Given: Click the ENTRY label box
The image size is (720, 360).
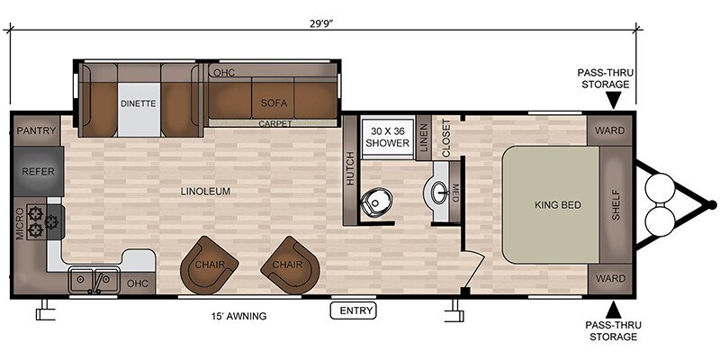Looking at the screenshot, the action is (x=353, y=310).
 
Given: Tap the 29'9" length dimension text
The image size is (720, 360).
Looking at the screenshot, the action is (x=321, y=24).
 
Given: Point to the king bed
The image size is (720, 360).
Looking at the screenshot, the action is (x=551, y=205).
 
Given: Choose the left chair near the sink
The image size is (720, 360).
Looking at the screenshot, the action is (x=209, y=265).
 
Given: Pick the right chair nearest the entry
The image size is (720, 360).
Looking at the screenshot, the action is (x=290, y=265).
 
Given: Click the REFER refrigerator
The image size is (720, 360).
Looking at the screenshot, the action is (x=38, y=171).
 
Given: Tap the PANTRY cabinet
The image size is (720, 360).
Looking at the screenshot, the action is (x=36, y=130).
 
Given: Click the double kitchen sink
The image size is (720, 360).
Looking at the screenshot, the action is (x=94, y=279).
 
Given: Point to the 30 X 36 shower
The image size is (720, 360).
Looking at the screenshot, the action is (x=387, y=138).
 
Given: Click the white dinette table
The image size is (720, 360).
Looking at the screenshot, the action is (x=139, y=109).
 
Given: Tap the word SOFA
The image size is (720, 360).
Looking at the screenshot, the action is (x=274, y=103).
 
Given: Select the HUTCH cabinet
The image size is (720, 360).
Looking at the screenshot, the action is (x=350, y=170).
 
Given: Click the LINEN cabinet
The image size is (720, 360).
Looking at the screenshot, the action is (x=423, y=138).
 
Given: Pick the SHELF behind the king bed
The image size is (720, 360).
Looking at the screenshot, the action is (x=616, y=205).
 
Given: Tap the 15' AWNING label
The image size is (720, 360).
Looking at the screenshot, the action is (x=238, y=316).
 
